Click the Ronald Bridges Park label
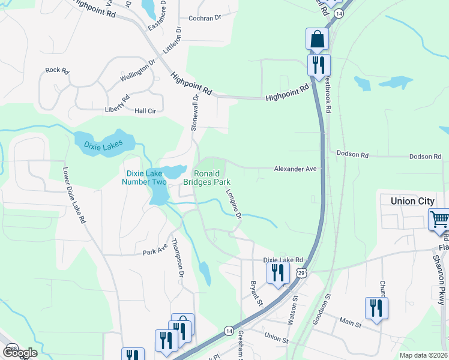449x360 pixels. pos(207,178)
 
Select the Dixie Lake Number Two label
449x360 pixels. pos(145,177)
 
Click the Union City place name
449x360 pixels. pos(412,201)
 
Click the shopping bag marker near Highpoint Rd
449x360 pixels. pos(317,40)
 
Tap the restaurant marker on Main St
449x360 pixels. pos(376,308)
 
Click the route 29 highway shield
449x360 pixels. pos(301,273)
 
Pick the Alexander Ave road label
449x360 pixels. pos(295,169)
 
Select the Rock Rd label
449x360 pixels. pos(57,70)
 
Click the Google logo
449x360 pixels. pos(20,352)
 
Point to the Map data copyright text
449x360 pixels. pos(423,355)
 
